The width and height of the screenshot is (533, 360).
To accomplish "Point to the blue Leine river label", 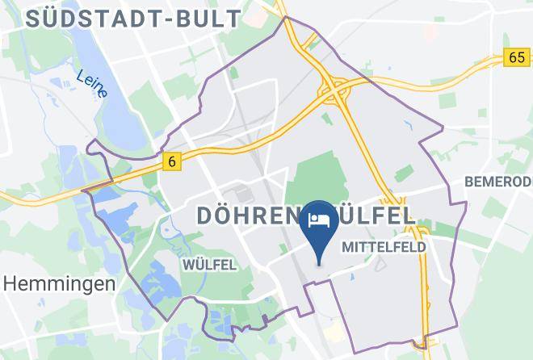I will pyautogui.click(x=91, y=84).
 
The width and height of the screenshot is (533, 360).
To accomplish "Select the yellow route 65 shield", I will pyautogui.click(x=517, y=57).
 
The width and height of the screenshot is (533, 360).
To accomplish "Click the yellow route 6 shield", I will pyautogui.click(x=172, y=161).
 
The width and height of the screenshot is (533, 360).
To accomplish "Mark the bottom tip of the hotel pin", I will pyautogui.click(x=320, y=264).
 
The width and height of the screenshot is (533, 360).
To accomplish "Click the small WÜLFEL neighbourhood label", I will pyautogui.click(x=208, y=264).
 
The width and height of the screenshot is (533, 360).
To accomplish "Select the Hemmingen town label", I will pyautogui.click(x=58, y=283).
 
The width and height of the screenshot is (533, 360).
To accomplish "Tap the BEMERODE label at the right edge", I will pyautogui.click(x=497, y=182).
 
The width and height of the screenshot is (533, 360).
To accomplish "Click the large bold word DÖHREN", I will pyautogui.click(x=248, y=215).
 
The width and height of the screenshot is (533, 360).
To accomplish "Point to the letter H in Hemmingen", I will pyautogui.click(x=10, y=283).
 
